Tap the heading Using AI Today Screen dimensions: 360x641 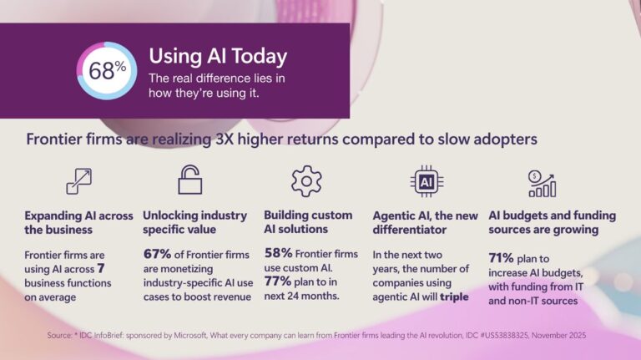point(217,56)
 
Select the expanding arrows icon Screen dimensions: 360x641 point(78,180)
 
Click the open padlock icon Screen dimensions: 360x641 point(190,180)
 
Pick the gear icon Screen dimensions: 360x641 point(306,180)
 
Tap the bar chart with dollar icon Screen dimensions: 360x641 point(542,180)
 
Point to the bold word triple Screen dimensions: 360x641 point(454,297)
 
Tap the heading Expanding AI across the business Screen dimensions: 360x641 point(78,221)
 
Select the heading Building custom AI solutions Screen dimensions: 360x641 point(308,221)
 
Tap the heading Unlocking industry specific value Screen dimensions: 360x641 point(196,221)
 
